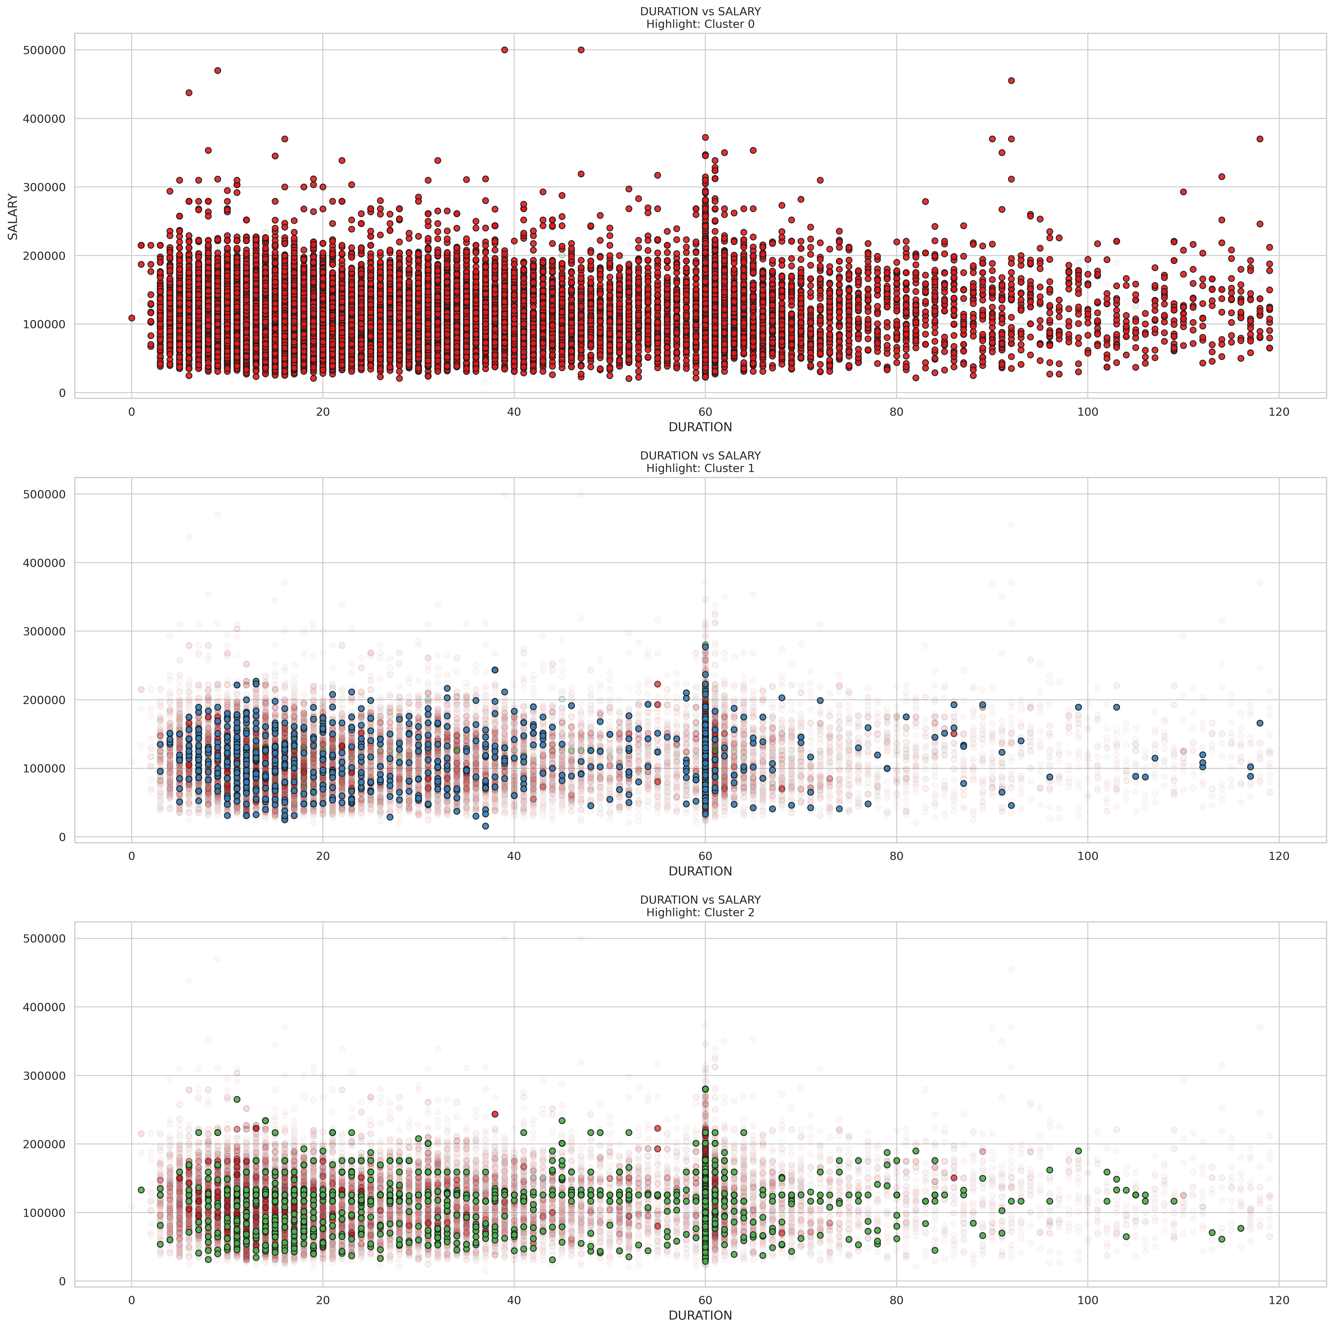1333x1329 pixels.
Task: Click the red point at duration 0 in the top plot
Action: point(132,318)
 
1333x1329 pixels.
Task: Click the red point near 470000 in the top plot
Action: point(217,70)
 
